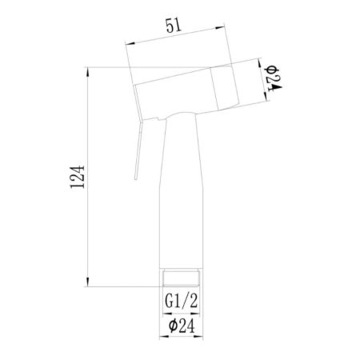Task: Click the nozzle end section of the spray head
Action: pyautogui.click(x=226, y=86)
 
